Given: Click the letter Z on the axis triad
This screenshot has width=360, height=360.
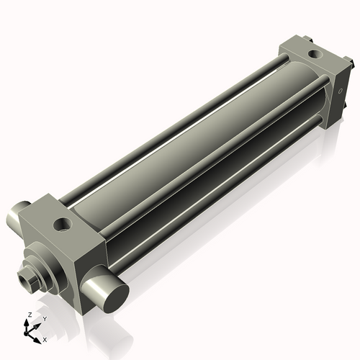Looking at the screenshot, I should pyautogui.click(x=28, y=315).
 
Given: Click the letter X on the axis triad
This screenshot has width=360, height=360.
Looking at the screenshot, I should pyautogui.click(x=45, y=338).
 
